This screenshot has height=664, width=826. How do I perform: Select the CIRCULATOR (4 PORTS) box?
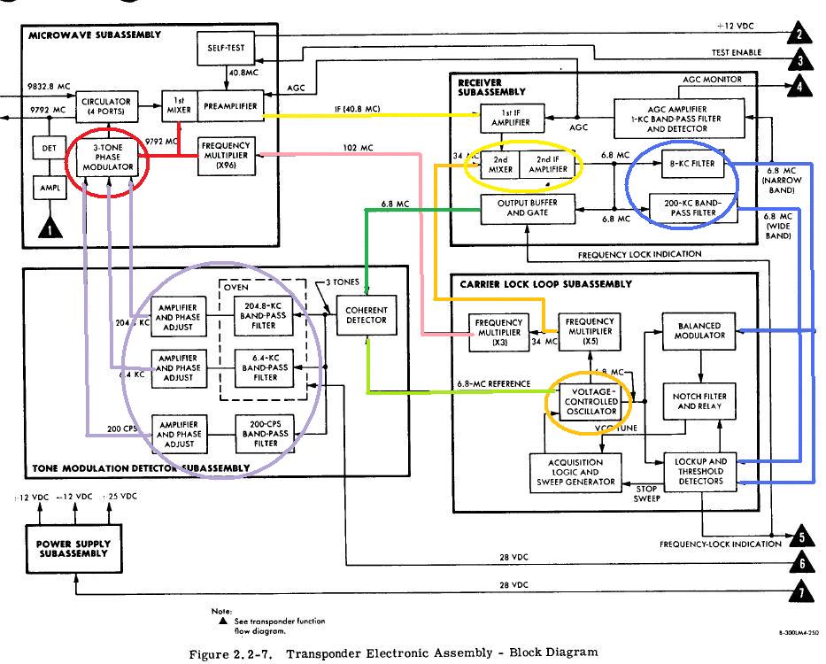[108, 105]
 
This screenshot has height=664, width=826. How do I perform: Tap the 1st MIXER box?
[178, 105]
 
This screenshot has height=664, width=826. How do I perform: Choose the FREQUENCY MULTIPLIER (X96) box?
[226, 153]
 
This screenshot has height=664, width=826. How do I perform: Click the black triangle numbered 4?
[799, 86]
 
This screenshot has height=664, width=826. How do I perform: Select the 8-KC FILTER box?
[693, 163]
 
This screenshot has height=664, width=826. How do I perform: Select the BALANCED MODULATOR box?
[699, 331]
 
